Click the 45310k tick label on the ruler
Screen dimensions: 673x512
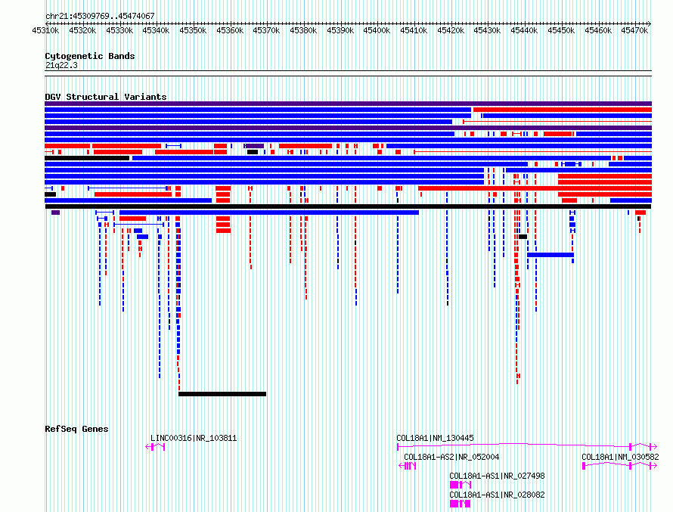(45, 30)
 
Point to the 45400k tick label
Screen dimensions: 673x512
(377, 30)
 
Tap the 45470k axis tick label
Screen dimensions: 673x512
(634, 30)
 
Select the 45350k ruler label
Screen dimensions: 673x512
(193, 30)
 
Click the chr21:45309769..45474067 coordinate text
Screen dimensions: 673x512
(100, 17)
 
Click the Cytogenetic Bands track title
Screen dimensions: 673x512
(90, 56)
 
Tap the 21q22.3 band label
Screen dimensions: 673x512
(61, 65)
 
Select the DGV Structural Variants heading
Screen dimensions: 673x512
(106, 97)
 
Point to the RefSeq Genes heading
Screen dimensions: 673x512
(76, 429)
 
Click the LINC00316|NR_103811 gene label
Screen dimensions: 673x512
(194, 438)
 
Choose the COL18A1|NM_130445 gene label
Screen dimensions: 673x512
(435, 438)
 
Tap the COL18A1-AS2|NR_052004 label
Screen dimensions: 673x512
(451, 457)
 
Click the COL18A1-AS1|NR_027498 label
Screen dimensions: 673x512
(497, 476)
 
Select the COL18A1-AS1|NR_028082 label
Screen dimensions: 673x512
(497, 495)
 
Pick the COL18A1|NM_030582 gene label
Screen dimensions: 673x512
(620, 457)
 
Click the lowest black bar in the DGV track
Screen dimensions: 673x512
(222, 394)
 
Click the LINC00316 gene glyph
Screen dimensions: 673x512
(155, 447)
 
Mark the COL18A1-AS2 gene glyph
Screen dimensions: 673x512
(408, 466)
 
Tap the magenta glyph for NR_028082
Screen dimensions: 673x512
(460, 504)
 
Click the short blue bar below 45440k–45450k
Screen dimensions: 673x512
(550, 255)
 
